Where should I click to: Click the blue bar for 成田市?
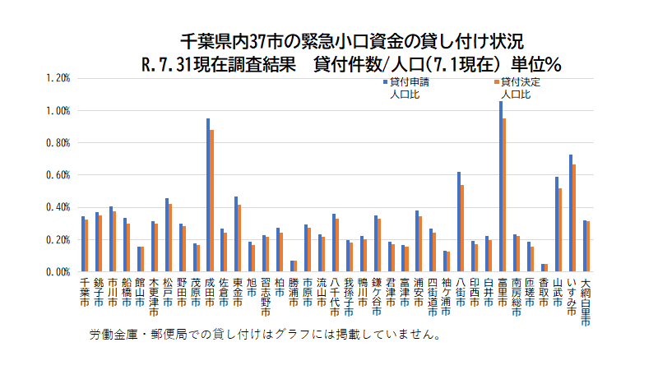click(x=207, y=195)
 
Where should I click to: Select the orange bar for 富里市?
click(x=504, y=195)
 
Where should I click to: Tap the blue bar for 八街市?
click(x=459, y=221)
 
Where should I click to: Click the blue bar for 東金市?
click(x=235, y=234)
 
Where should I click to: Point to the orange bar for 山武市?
click(x=560, y=229)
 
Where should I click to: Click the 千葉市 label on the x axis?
click(x=84, y=291)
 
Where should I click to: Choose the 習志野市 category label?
click(x=265, y=296)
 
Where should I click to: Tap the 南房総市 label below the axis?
click(x=516, y=296)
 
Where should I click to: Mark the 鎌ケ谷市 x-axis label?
click(x=376, y=296)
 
